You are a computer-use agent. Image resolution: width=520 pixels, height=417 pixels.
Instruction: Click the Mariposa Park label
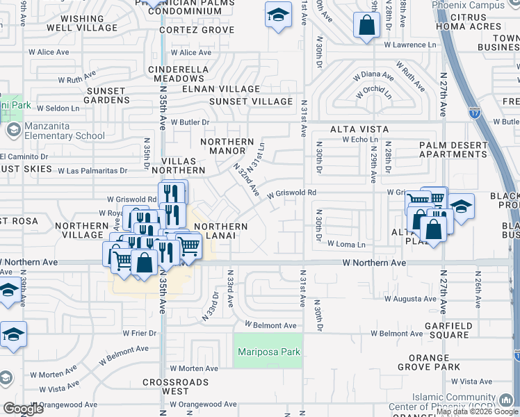[x=268, y=352]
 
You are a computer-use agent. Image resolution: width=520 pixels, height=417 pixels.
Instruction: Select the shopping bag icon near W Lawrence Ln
[x=366, y=26]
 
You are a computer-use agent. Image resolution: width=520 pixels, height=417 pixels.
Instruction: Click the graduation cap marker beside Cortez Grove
[x=278, y=15]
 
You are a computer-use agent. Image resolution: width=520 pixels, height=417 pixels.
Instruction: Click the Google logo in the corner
[x=23, y=409]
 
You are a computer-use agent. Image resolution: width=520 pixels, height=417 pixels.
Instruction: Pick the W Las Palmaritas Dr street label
[x=92, y=170]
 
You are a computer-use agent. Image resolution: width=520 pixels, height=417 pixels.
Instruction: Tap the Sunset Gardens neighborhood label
[x=106, y=96]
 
